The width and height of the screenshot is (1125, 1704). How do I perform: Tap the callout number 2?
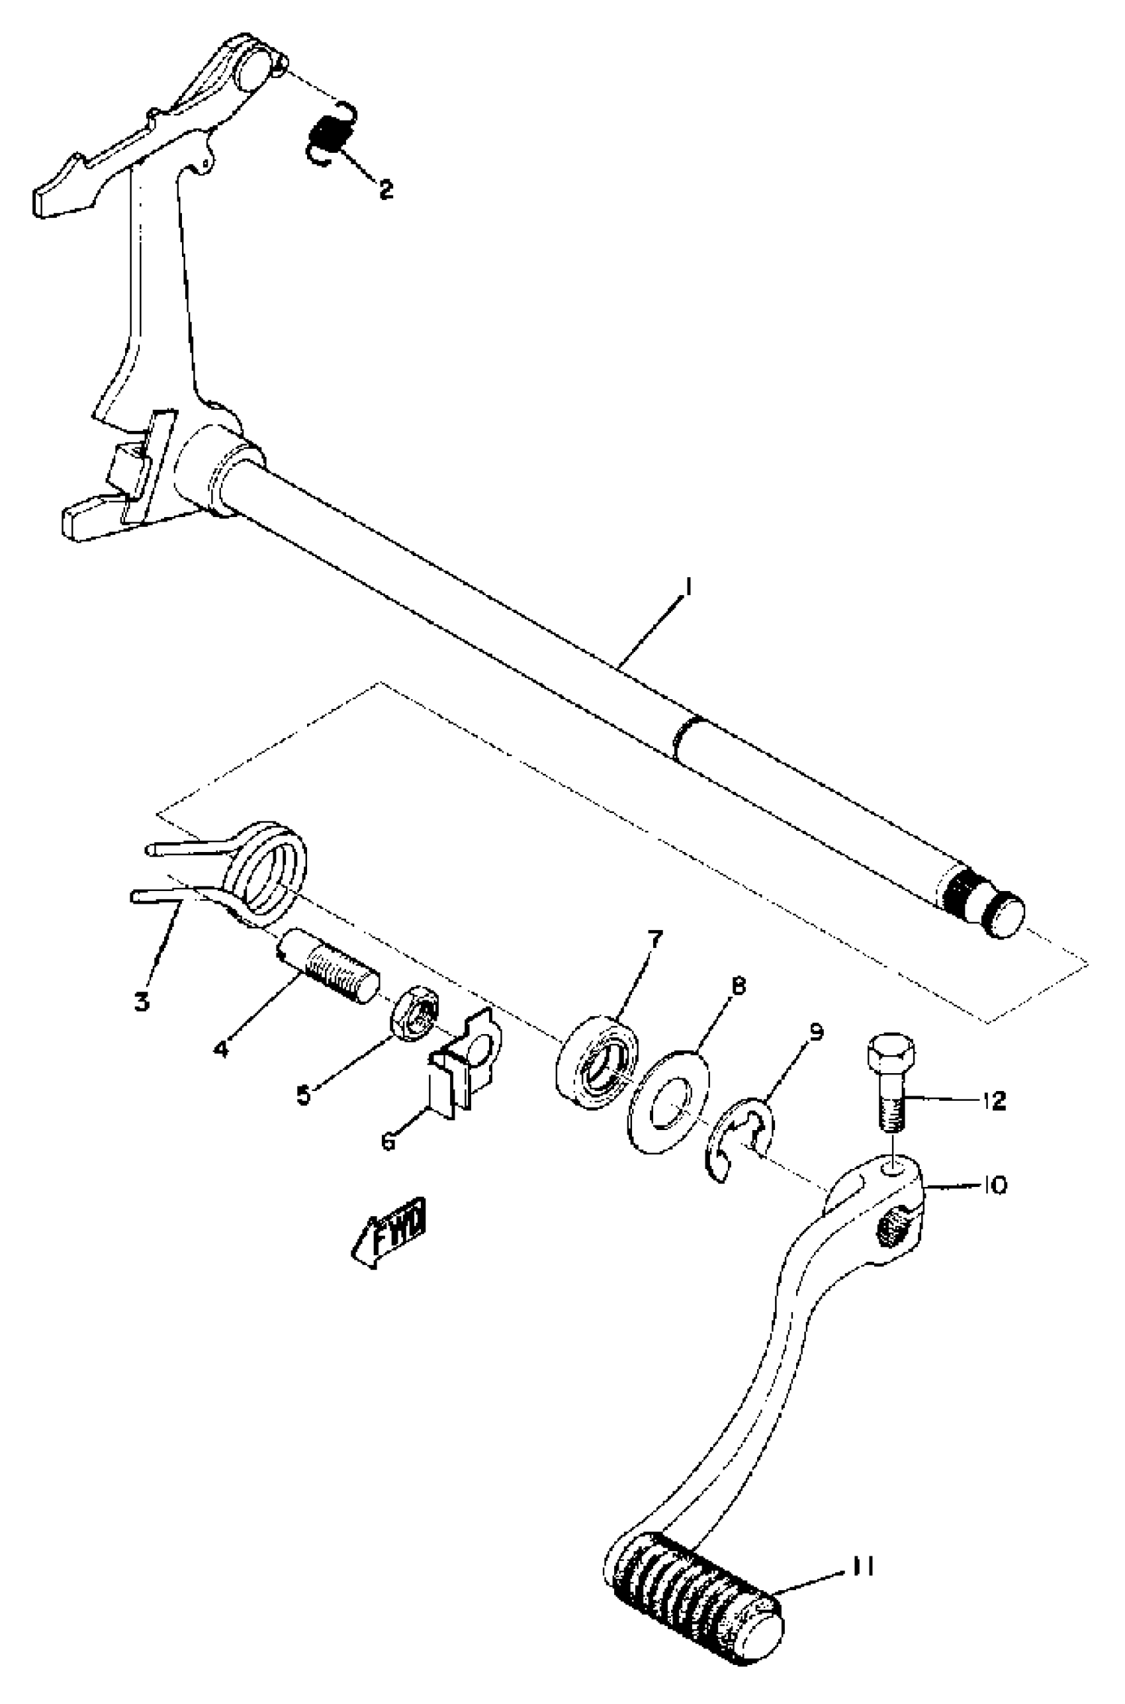point(385,189)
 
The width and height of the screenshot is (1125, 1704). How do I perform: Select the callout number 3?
point(142,1000)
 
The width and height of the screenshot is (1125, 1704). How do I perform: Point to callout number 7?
point(655,938)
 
